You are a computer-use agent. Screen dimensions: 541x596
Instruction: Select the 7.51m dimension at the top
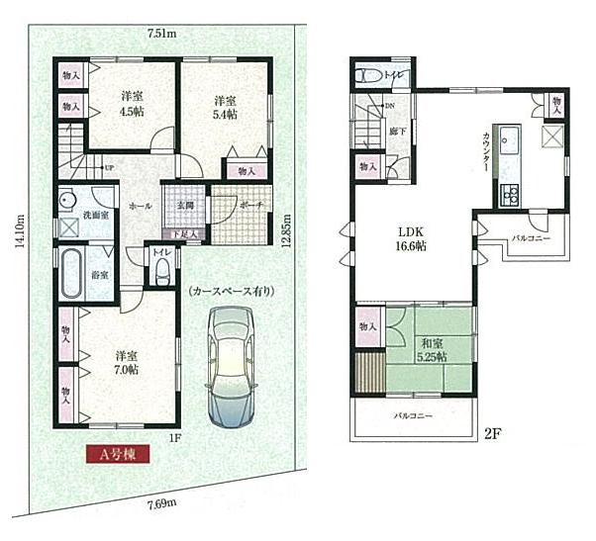(x=161, y=34)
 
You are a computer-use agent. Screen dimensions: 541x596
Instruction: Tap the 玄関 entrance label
(x=185, y=205)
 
